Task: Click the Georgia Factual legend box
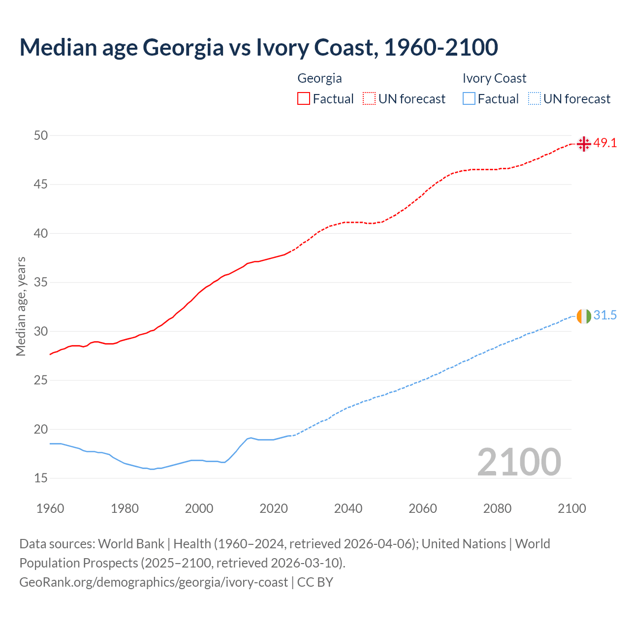coord(304,98)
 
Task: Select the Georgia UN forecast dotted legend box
coord(369,98)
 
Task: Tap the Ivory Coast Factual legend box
coord(469,98)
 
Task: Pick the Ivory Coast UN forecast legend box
coord(534,98)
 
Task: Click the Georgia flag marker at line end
coord(584,144)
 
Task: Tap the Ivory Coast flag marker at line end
coord(584,316)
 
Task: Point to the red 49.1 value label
coord(605,143)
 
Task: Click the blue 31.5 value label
coord(605,315)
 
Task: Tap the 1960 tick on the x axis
coord(50,508)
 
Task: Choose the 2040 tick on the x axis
coord(348,508)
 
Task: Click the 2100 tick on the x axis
coord(571,508)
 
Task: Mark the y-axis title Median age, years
coord(21,306)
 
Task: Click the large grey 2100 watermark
coord(519,462)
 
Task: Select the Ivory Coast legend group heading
coord(494,78)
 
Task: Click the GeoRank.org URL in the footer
coord(154,582)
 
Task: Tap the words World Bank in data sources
coord(131,544)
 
